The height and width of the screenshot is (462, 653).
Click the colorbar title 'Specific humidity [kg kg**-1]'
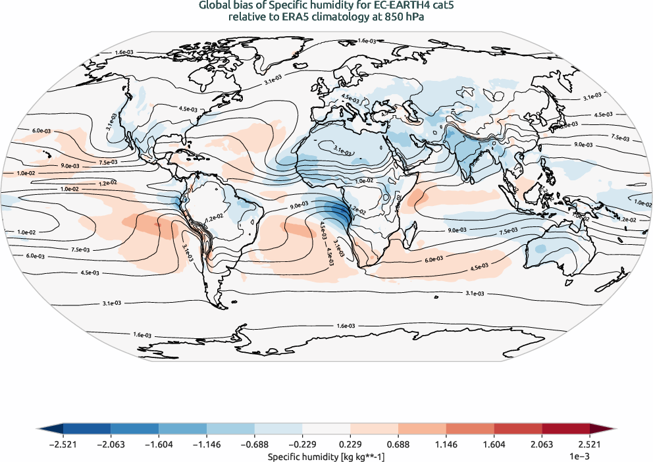point(326,455)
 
